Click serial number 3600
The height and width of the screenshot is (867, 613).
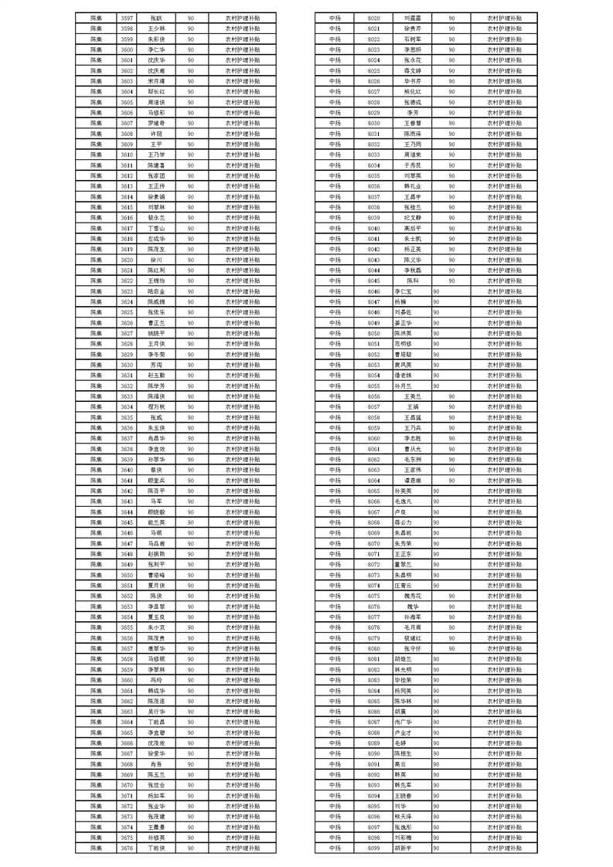pos(127,49)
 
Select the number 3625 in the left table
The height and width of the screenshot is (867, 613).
pos(127,312)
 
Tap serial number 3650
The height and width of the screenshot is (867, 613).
pos(127,575)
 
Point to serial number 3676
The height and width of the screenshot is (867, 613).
pos(127,848)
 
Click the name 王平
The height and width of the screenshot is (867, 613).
pos(156,144)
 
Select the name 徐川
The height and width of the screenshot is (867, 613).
pos(156,260)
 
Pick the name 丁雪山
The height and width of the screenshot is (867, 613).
pos(156,228)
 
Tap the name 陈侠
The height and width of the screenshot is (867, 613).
pos(156,596)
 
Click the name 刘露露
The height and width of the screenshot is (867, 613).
pos(411,17)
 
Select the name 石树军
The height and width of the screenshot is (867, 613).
pos(411,39)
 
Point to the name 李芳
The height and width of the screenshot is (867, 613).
pos(411,112)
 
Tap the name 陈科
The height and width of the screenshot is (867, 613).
pos(411,280)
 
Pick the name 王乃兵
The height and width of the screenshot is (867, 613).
pos(411,427)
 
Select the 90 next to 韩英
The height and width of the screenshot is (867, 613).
pos(437,774)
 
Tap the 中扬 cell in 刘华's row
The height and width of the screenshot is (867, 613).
pos(335,806)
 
